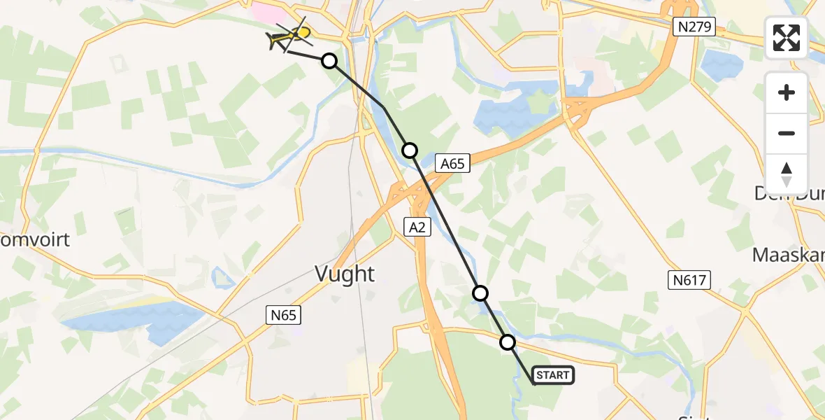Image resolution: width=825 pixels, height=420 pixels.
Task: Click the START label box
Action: click(553, 375)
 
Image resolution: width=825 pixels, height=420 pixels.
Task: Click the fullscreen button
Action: click(787, 38)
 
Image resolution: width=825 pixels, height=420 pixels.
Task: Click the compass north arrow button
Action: click(787, 174)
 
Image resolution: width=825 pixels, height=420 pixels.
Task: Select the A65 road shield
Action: click(452, 164)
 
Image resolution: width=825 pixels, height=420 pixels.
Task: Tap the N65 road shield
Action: click(284, 315)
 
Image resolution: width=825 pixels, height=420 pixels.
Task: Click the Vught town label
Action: click(345, 274)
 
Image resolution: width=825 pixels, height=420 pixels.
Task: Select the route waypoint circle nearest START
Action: click(508, 342)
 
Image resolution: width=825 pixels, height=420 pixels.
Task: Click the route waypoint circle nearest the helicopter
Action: click(329, 61)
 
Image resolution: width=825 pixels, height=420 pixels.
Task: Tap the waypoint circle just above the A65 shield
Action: click(410, 150)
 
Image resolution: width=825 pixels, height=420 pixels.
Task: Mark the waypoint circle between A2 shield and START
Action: click(480, 293)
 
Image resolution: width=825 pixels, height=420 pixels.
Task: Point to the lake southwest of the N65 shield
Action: click(133, 318)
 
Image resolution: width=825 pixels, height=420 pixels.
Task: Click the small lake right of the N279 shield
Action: click(722, 65)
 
